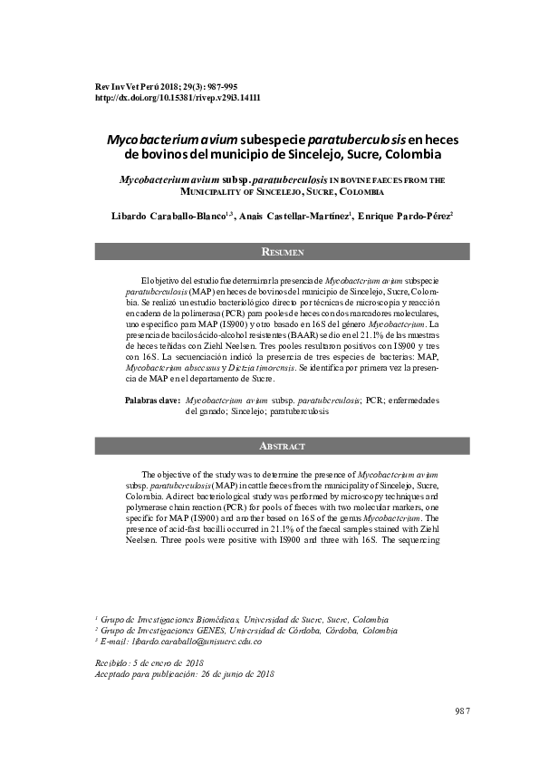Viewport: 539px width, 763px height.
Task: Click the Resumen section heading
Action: pos(282,251)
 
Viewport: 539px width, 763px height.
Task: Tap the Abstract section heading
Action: pos(282,447)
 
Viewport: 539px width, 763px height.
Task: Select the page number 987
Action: pos(463,709)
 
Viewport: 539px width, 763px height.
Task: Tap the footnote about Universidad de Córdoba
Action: pos(252,630)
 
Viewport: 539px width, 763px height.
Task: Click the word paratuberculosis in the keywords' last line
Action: pos(299,410)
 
